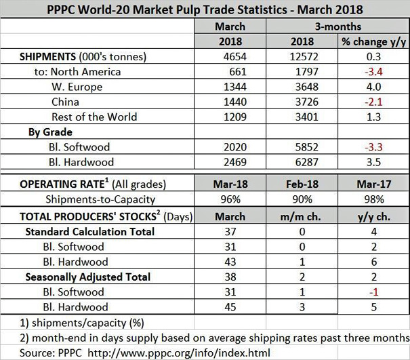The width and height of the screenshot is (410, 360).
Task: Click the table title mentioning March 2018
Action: [205, 9]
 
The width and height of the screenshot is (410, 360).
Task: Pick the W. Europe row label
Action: [77, 87]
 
